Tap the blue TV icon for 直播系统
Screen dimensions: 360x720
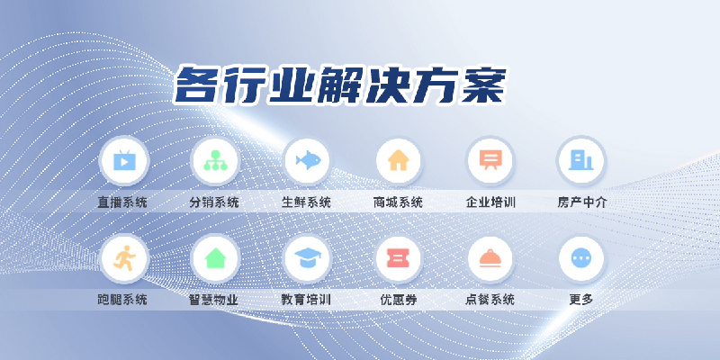(x=123, y=161)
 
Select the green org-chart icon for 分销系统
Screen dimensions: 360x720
(x=214, y=161)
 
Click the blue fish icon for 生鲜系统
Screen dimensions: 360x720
(x=307, y=161)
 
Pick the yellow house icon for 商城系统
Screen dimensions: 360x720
(x=398, y=161)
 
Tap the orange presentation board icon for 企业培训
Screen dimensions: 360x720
(x=490, y=161)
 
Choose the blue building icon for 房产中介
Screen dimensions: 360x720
(x=581, y=161)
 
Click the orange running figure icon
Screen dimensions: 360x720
(x=123, y=259)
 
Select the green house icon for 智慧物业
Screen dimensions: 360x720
(x=214, y=259)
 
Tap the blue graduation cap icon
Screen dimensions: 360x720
(x=307, y=259)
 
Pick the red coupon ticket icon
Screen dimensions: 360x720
(x=398, y=259)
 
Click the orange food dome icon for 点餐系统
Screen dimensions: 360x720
(x=490, y=259)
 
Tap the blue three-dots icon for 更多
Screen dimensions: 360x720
(x=581, y=259)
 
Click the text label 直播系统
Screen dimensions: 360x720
(x=123, y=202)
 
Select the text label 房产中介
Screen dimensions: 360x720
(x=581, y=202)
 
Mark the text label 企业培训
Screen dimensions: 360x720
(x=490, y=202)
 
